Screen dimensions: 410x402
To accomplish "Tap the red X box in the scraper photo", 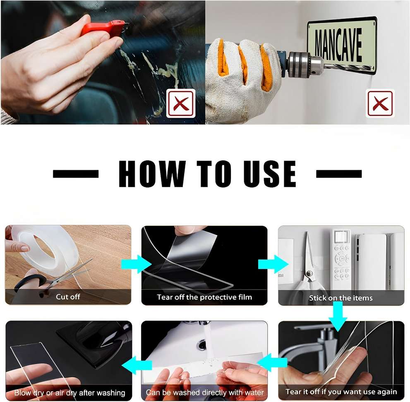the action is [181, 103].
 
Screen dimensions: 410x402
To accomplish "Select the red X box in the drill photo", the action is [380, 103].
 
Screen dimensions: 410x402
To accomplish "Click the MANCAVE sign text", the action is [338, 45].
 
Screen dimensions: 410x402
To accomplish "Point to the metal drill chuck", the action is [305, 64].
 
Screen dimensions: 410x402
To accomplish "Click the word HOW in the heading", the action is [152, 174].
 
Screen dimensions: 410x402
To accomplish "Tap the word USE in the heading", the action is [270, 174].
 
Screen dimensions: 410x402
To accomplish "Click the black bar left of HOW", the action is [76, 174].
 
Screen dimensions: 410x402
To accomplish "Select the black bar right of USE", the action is [339, 174].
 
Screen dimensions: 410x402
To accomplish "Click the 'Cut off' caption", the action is [68, 297].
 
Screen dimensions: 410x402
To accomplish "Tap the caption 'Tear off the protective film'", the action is [204, 297].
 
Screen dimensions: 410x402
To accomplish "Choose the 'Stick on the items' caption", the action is [341, 298].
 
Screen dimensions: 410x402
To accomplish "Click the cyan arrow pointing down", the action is [338, 316].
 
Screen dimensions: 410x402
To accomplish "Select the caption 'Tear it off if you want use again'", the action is [341, 392].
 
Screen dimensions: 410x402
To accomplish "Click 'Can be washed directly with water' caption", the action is [205, 392].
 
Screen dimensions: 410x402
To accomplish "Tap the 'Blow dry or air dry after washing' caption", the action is [70, 392].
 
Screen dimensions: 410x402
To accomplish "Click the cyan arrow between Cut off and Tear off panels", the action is [136, 264].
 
